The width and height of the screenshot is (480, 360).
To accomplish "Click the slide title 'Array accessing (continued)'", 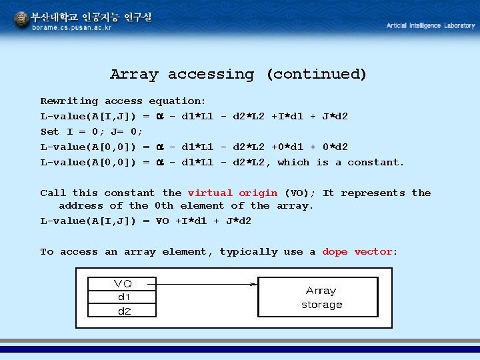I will [238, 74].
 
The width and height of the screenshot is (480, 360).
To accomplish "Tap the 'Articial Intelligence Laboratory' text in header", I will [431, 25].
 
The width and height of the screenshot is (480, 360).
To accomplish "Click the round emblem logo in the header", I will [21, 21].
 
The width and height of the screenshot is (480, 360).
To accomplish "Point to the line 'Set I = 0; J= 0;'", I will [91, 132].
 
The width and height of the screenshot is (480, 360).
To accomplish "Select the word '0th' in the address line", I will [164, 206].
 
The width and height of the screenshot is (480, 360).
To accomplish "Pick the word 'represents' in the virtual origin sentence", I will [373, 193].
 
